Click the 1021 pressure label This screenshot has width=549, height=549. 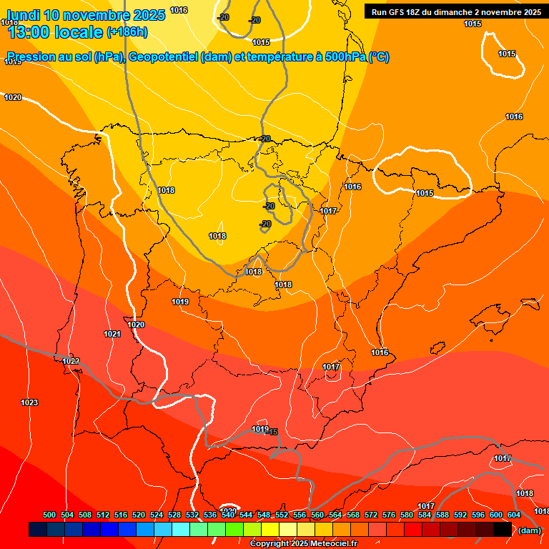click(112, 334)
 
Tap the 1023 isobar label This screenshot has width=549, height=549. click(29, 403)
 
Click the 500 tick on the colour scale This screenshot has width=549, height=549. click(49, 515)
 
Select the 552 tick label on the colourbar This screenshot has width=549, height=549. click(282, 515)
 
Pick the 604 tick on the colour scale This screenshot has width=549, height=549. click(514, 515)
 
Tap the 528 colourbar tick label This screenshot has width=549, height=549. click(174, 515)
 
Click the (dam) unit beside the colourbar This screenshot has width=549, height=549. click(529, 530)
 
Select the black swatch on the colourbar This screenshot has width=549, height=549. click(503, 530)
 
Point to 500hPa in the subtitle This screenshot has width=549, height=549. click(346, 57)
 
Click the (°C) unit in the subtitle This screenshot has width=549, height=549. click(379, 57)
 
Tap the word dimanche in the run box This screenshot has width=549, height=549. click(457, 11)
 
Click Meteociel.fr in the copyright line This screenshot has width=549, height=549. click(330, 544)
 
